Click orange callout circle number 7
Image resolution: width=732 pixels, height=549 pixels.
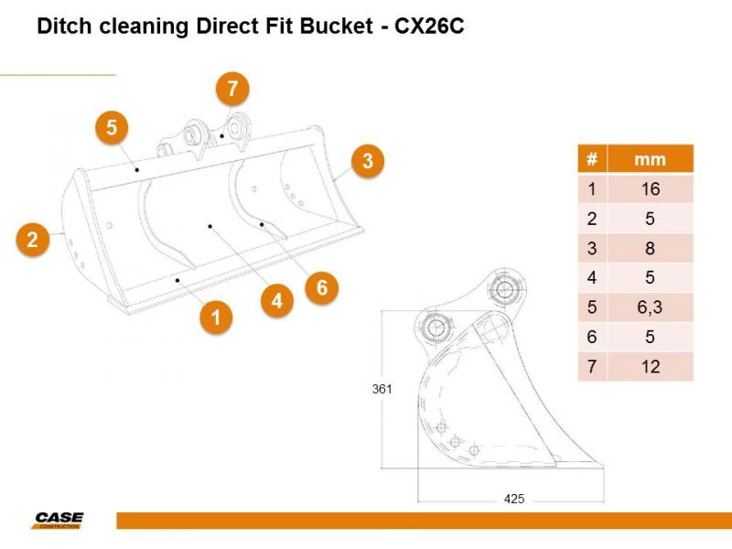232,89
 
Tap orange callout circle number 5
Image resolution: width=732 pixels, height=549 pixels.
112,127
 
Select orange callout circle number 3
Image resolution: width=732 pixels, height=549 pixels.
368,161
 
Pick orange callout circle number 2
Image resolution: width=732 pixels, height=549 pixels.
32,240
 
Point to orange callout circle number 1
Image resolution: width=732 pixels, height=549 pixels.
216,318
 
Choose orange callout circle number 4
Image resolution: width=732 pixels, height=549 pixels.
277,301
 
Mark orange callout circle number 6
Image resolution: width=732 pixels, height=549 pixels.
322,287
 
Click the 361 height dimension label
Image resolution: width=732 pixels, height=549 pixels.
382,389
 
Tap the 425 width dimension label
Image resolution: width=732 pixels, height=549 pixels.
514,499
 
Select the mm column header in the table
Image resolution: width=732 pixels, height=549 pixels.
651,159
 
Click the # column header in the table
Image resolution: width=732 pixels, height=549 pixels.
592,159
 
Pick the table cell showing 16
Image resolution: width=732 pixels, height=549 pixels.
651,189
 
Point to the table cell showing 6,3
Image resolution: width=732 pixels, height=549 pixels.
651,307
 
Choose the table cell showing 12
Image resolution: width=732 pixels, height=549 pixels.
651,367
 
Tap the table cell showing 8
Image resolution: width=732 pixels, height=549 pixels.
651,248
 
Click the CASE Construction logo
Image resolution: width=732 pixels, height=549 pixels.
59,520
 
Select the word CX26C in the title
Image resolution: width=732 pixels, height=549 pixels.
429,27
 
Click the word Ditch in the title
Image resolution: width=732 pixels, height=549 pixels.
64,27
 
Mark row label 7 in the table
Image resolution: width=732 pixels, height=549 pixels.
592,367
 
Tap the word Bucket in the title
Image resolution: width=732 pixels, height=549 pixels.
336,27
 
